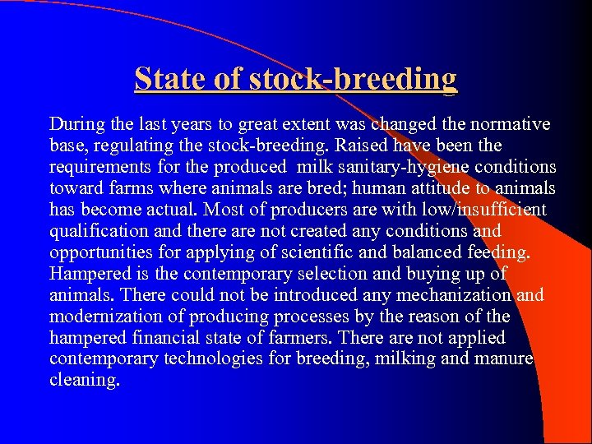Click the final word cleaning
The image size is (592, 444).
click(83, 381)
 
